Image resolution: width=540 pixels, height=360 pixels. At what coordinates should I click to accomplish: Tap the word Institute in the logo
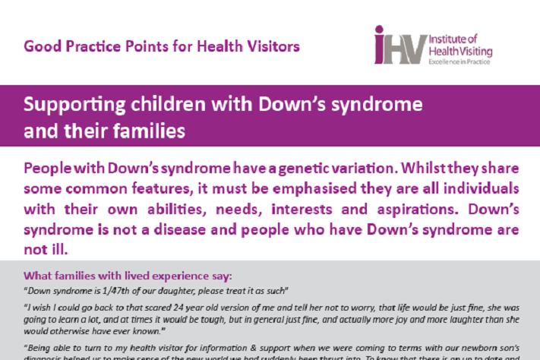(447, 36)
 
